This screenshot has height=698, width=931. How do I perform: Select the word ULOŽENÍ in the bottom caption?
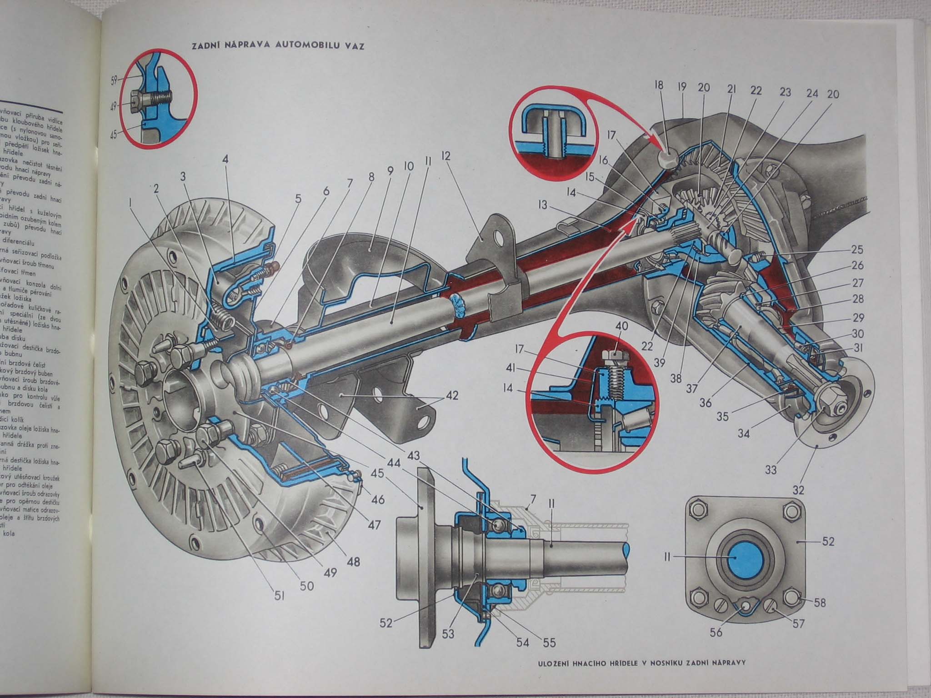pyautogui.click(x=553, y=674)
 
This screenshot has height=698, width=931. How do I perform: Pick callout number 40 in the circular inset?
pyautogui.click(x=622, y=326)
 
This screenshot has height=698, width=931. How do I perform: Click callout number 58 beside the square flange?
pyautogui.click(x=820, y=603)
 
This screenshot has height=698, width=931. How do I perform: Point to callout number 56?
pyautogui.click(x=716, y=632)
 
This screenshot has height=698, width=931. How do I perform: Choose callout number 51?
pyautogui.click(x=279, y=595)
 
